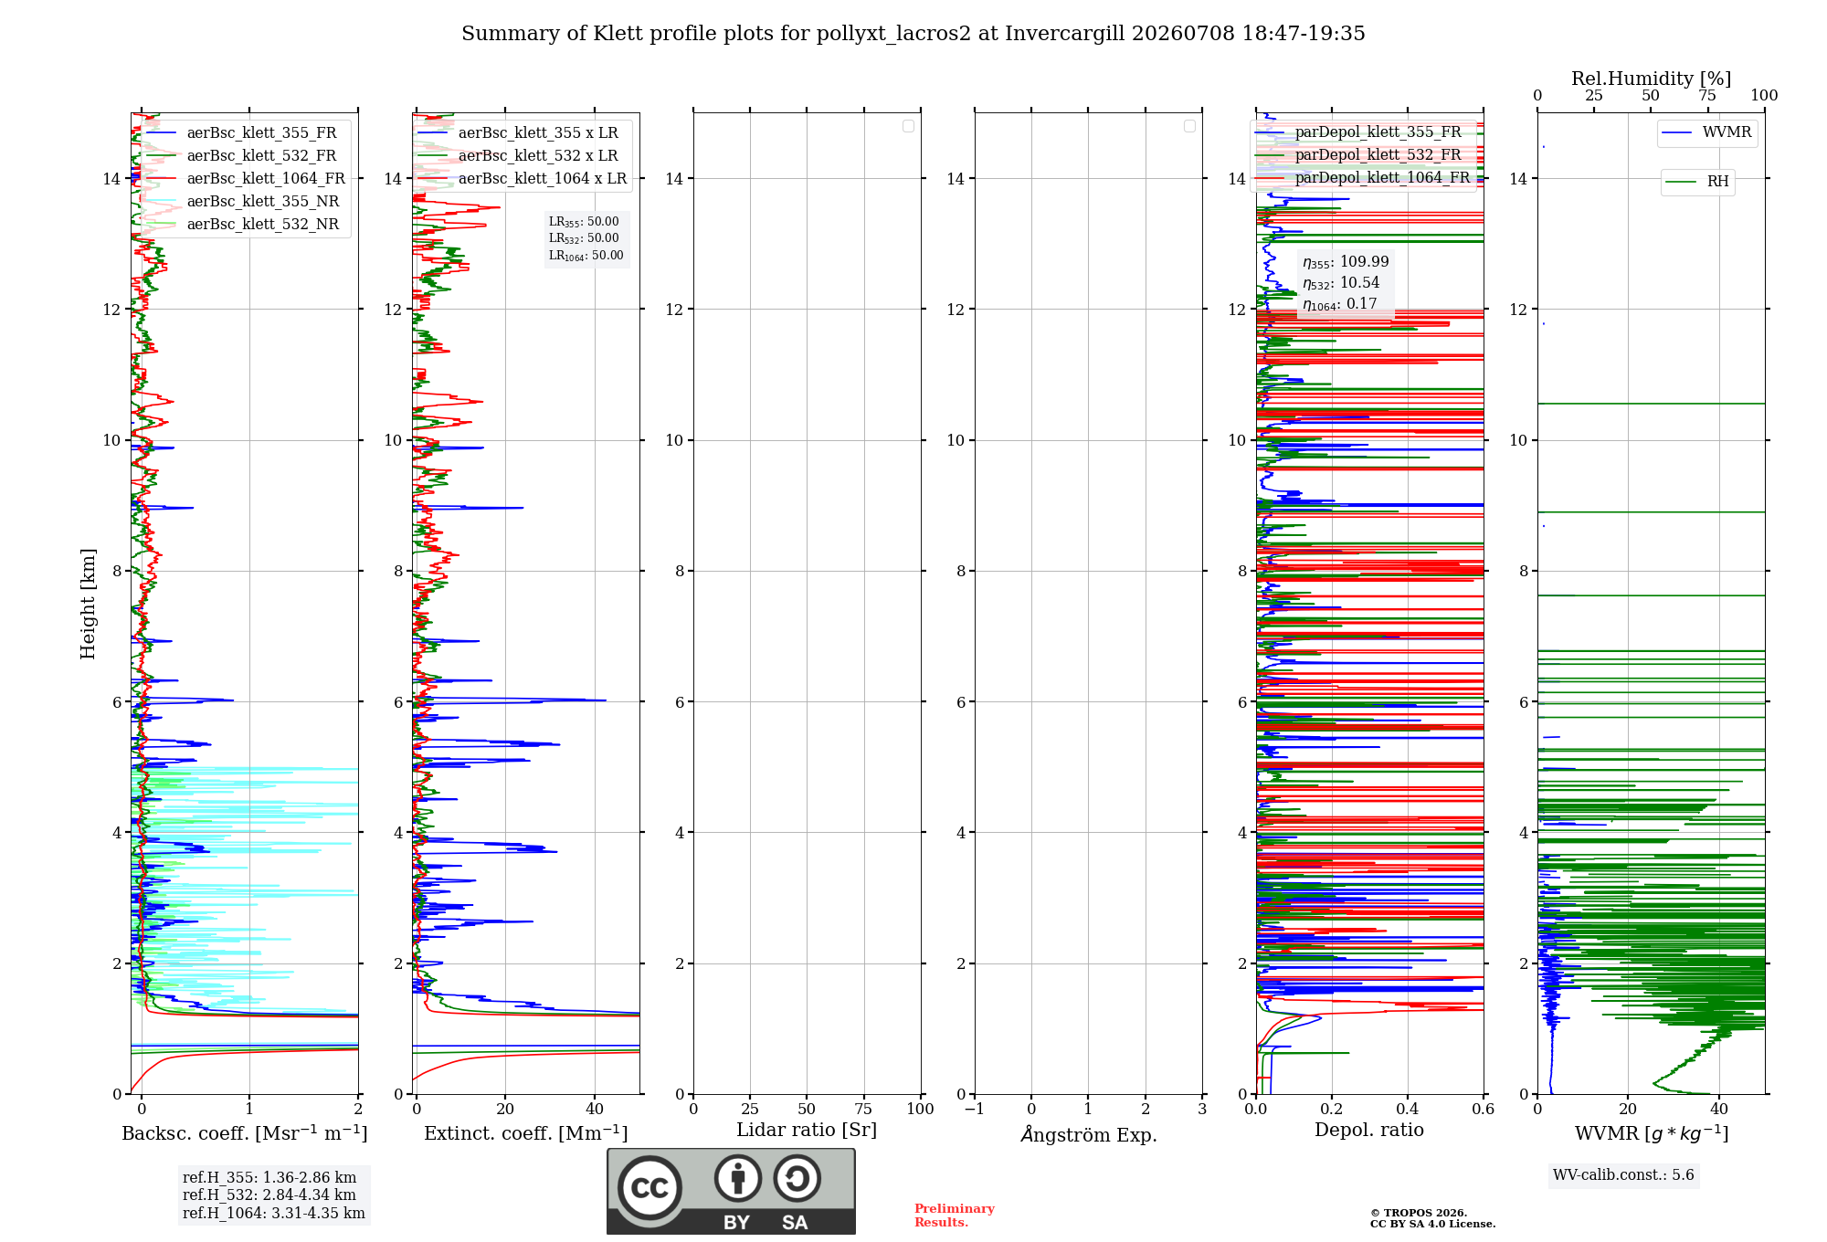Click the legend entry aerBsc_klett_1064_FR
click(245, 179)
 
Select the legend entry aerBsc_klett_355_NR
click(242, 202)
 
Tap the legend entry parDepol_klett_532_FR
click(1362, 155)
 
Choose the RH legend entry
click(1696, 182)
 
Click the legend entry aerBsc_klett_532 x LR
click(517, 156)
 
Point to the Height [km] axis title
click(88, 604)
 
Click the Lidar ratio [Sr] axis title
click(807, 1131)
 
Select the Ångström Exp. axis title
click(1089, 1134)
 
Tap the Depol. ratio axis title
click(1369, 1131)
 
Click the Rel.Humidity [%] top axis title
click(1651, 79)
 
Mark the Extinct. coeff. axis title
click(526, 1133)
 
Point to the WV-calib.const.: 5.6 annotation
click(1623, 1175)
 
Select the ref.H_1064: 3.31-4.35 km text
click(274, 1214)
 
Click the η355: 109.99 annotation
click(1346, 262)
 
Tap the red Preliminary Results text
click(955, 1216)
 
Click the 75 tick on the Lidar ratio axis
click(863, 1109)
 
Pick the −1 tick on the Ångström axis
click(975, 1109)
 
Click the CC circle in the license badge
click(649, 1188)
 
